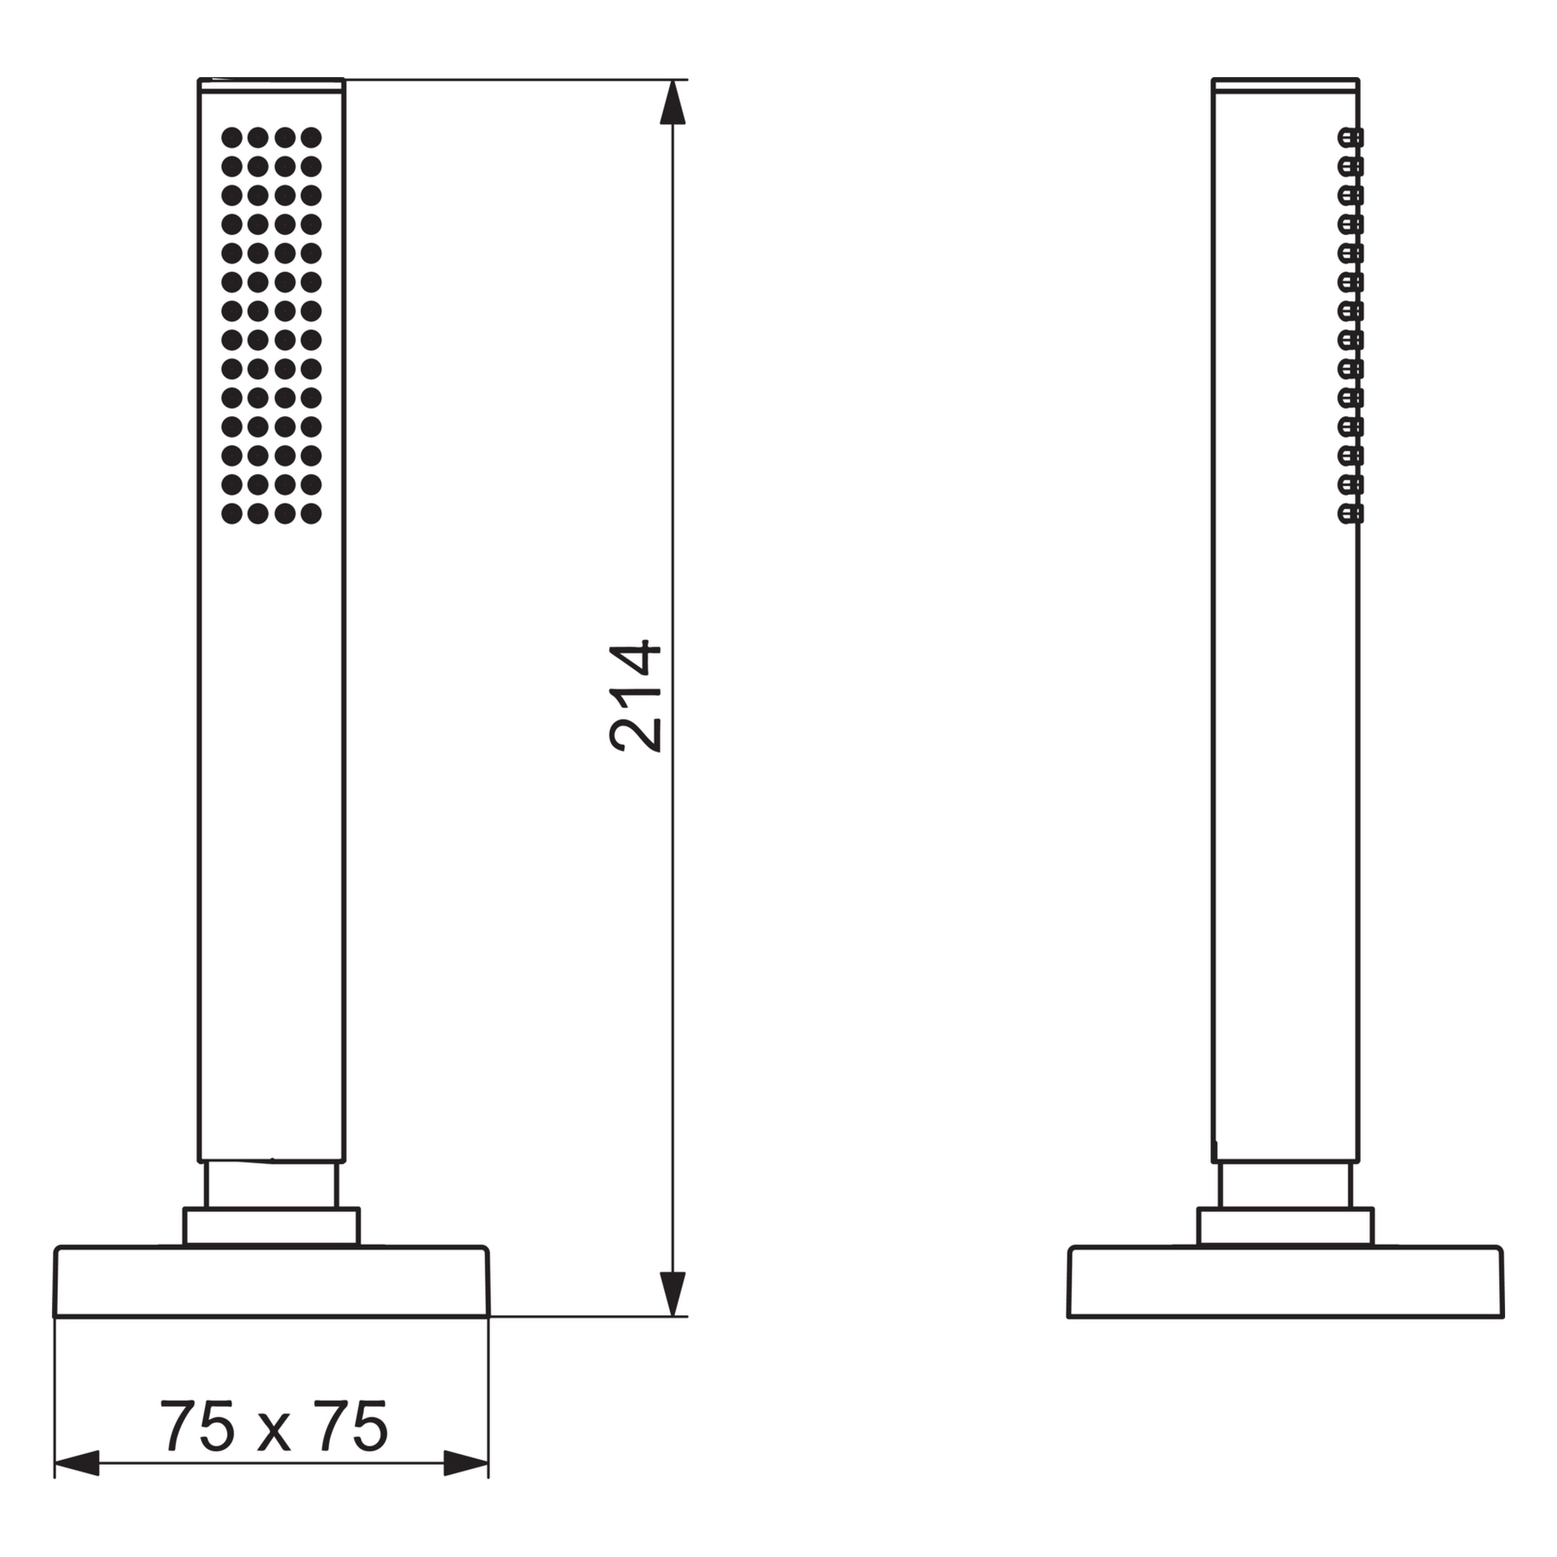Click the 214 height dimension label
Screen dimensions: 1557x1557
[x=636, y=697]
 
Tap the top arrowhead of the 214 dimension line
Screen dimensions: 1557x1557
[x=672, y=102]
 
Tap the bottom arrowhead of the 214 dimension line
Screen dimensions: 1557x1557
[x=672, y=1294]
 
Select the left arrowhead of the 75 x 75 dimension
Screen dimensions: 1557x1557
[x=76, y=1486]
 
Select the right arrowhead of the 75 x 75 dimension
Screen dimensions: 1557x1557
[x=466, y=1486]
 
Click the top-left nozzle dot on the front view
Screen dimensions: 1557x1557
[x=232, y=137]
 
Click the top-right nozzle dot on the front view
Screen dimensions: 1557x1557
[x=311, y=137]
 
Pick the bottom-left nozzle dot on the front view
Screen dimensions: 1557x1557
[x=232, y=513]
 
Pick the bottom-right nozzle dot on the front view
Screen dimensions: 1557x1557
[x=311, y=513]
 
